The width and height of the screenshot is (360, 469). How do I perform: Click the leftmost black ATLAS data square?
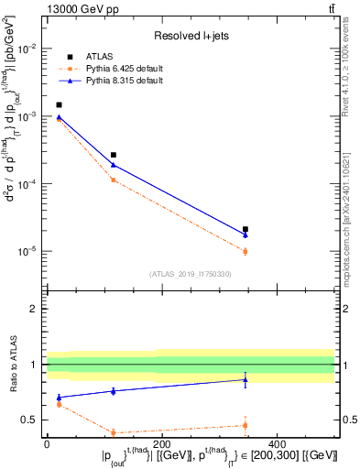click(59, 105)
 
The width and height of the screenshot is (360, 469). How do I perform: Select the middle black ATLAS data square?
click(114, 155)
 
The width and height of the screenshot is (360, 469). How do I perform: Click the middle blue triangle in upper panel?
click(114, 165)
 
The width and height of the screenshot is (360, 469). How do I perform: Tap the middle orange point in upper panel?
click(114, 180)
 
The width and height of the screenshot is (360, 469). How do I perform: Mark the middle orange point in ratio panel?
click(114, 432)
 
